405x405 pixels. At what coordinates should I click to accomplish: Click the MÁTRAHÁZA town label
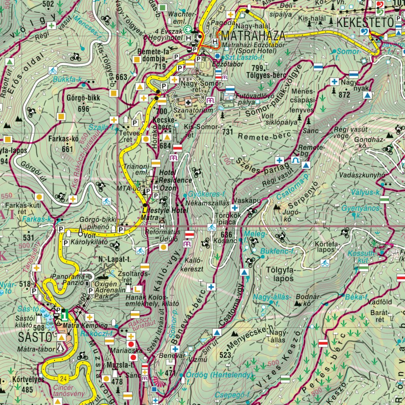[253, 36]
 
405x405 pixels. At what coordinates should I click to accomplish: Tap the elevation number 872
[344, 95]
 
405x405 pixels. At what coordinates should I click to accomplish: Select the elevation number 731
[227, 131]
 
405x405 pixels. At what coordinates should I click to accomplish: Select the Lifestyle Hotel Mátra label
[164, 214]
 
